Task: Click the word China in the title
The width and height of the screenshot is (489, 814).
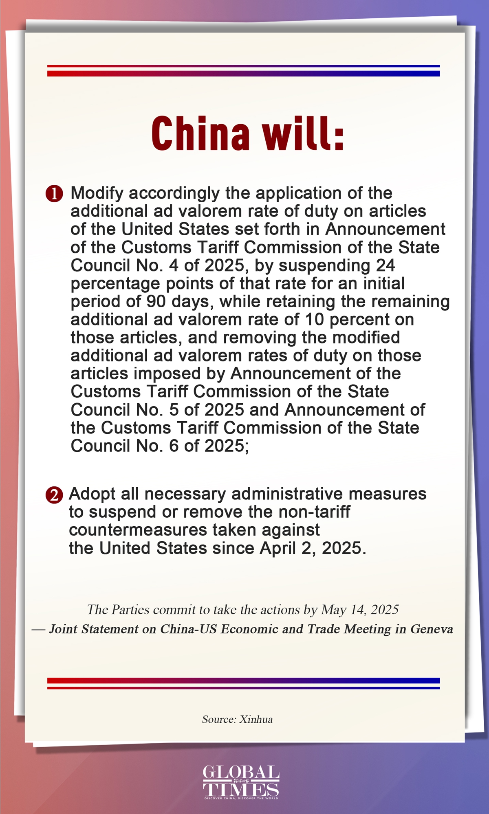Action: tap(200, 133)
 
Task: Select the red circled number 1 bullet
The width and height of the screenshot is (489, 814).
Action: tap(54, 194)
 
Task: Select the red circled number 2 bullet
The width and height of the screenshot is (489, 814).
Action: tap(54, 495)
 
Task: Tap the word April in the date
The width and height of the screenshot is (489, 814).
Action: tap(278, 548)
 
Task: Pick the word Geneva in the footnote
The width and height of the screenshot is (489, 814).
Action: tap(432, 629)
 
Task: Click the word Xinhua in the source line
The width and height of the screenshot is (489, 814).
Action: tap(256, 720)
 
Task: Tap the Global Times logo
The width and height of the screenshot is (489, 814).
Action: tap(241, 782)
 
